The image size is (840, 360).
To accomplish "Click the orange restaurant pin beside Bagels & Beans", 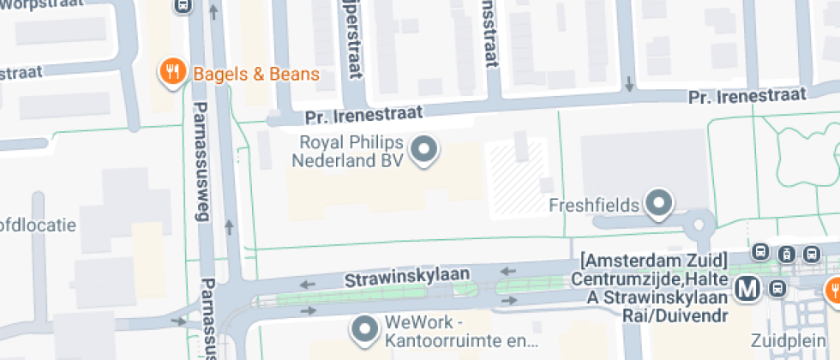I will (173, 72).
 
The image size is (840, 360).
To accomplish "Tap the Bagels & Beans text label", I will (255, 74).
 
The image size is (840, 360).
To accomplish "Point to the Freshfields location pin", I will (658, 204).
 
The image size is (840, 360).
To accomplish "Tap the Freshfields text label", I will (593, 206).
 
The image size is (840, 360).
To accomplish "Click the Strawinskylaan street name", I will (407, 277).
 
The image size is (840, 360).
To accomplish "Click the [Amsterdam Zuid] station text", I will (653, 260).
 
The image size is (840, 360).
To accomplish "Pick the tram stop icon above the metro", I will (785, 254).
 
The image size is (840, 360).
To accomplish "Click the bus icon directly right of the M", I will (777, 288).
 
